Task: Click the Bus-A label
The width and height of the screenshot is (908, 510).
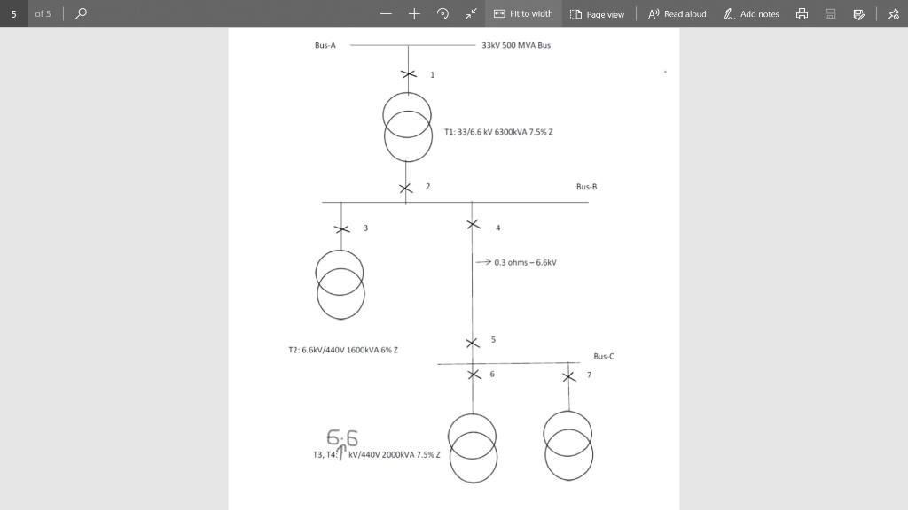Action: point(325,45)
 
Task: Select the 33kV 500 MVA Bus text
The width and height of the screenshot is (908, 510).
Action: point(515,45)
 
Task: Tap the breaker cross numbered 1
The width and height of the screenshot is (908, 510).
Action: point(408,74)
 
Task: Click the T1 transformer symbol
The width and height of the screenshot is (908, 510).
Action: point(407,127)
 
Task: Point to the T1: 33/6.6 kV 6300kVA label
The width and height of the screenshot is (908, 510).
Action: point(498,132)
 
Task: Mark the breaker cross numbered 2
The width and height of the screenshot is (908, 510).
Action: point(406,188)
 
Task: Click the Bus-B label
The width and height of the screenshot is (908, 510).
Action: point(586,187)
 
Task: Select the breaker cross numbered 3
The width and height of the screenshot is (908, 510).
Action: point(341,228)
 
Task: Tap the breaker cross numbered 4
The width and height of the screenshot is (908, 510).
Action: point(473,225)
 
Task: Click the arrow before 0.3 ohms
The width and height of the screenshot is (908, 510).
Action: point(483,262)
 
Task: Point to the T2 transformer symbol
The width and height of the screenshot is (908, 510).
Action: point(340,284)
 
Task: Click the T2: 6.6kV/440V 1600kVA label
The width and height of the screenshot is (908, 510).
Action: point(342,351)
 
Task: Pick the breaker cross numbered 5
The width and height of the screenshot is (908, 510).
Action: point(472,343)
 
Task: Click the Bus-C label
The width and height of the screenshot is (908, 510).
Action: point(603,356)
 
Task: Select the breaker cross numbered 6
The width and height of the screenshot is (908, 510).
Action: point(473,374)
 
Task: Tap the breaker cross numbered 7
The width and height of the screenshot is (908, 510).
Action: point(568,376)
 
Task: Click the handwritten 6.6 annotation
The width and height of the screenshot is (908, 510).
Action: point(342,437)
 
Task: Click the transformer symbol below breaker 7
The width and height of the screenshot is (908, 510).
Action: point(568,445)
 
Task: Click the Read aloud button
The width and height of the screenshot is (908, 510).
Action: point(677,14)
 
